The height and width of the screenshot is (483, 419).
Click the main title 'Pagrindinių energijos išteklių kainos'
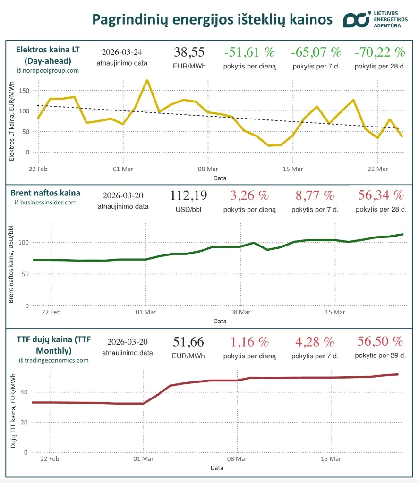pyautogui.click(x=212, y=20)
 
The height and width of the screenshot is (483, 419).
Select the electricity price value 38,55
pyautogui.click(x=189, y=52)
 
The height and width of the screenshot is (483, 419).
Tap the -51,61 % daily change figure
pyautogui.click(x=249, y=52)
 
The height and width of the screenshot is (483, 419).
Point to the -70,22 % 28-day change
pyautogui.click(x=380, y=52)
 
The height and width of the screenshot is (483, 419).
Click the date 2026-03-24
pyautogui.click(x=122, y=52)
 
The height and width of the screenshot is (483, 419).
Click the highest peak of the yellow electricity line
pyautogui.click(x=147, y=80)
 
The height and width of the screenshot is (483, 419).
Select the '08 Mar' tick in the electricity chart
pyautogui.click(x=208, y=169)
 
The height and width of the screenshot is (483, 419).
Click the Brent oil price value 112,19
pyautogui.click(x=189, y=195)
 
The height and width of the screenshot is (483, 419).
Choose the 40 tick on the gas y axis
pyautogui.click(x=24, y=392)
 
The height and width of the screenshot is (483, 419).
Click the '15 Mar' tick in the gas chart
pyautogui.click(x=331, y=458)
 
